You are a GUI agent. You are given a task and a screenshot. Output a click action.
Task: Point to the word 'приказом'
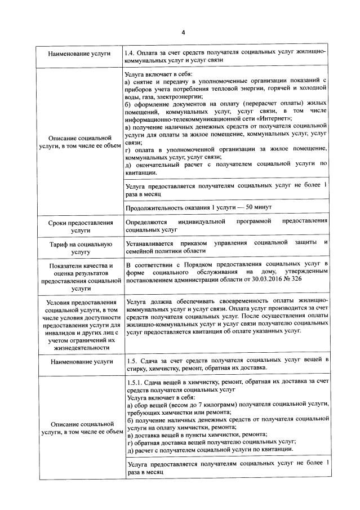[201, 242]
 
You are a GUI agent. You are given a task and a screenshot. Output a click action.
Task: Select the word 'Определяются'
[145, 222]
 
